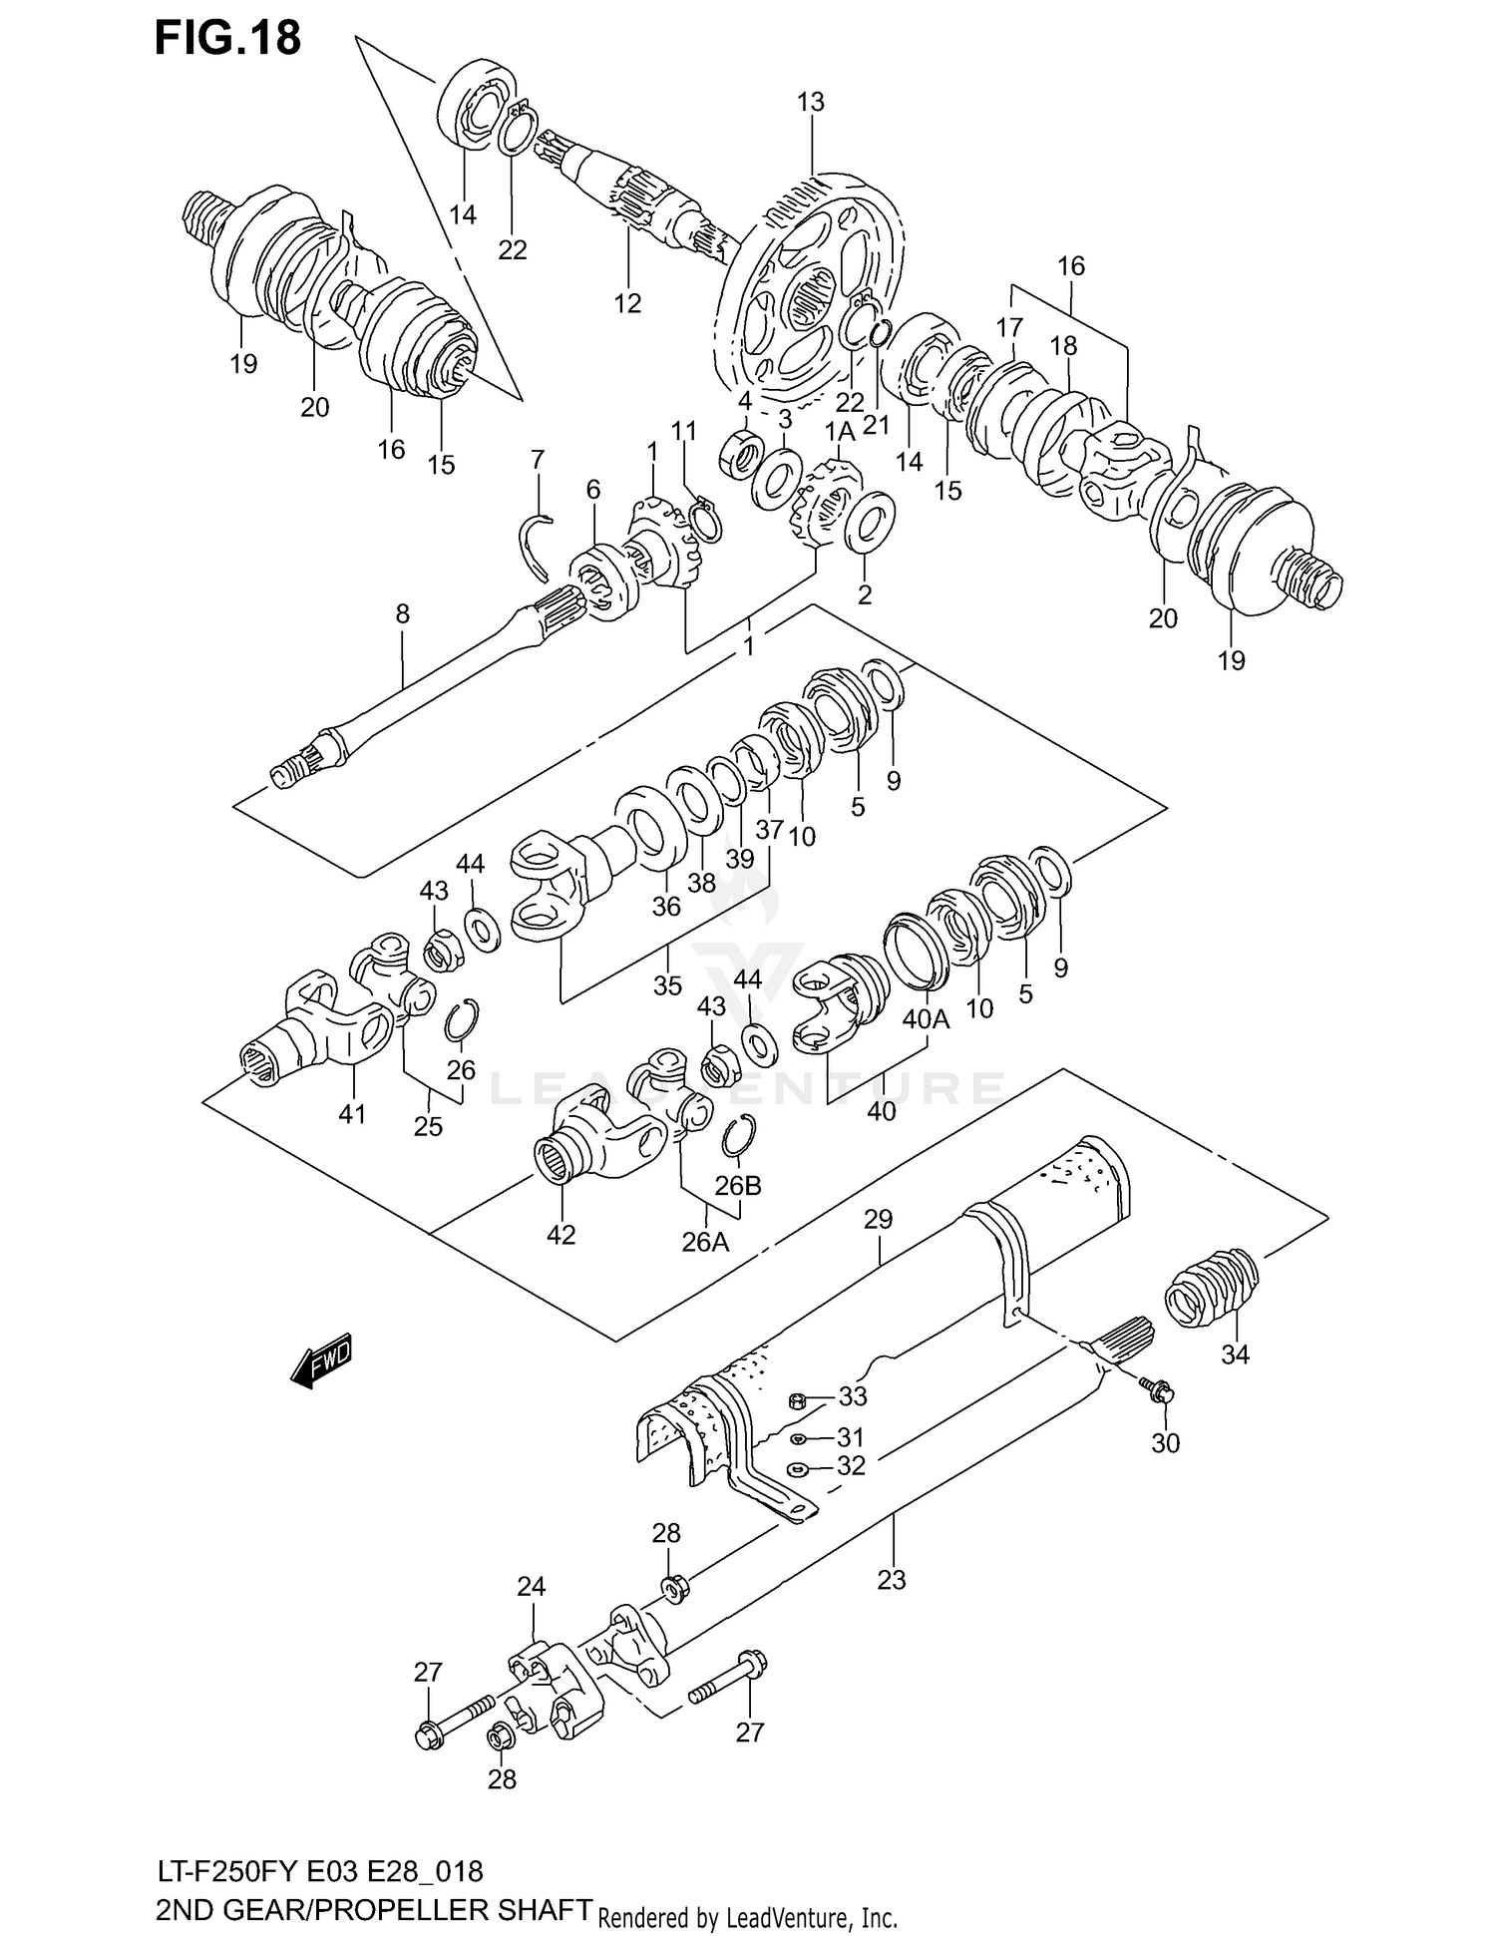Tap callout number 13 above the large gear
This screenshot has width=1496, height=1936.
[x=810, y=102]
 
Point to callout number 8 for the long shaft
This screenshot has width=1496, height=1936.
[x=402, y=614]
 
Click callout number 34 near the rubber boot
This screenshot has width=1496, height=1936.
[x=1235, y=1355]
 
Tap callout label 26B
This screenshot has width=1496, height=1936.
[x=738, y=1186]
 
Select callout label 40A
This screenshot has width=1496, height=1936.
[x=926, y=1019]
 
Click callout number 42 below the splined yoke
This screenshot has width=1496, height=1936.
[x=561, y=1235]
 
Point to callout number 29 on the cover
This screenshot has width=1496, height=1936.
[x=878, y=1219]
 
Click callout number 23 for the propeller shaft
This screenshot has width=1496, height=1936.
[x=891, y=1580]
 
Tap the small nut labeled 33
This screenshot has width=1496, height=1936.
[x=797, y=1401]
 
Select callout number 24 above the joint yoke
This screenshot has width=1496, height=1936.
[x=532, y=1586]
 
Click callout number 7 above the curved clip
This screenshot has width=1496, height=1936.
[x=538, y=460]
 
